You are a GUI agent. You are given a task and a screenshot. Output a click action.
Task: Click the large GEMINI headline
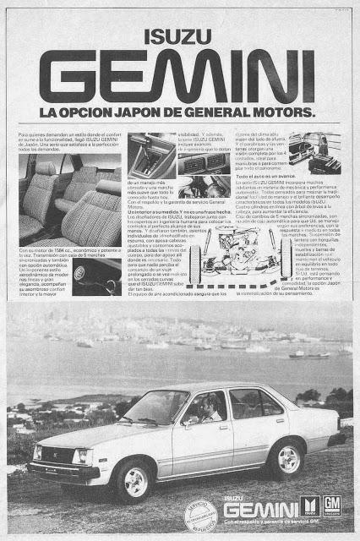tap(180, 76)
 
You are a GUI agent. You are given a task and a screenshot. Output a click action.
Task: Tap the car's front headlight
tap(81, 456)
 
